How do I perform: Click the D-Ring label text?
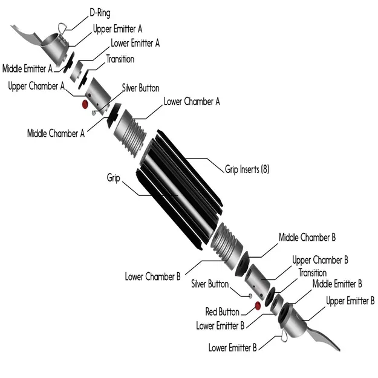click(100, 11)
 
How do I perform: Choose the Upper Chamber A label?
click(36, 86)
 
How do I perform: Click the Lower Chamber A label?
click(192, 102)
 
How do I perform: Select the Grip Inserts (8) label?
click(247, 169)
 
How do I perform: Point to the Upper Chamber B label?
click(321, 260)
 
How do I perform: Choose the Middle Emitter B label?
click(337, 283)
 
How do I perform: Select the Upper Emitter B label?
click(350, 300)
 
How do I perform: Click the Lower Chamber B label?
click(153, 276)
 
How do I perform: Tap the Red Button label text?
click(222, 311)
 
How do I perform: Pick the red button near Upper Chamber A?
click(85, 105)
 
